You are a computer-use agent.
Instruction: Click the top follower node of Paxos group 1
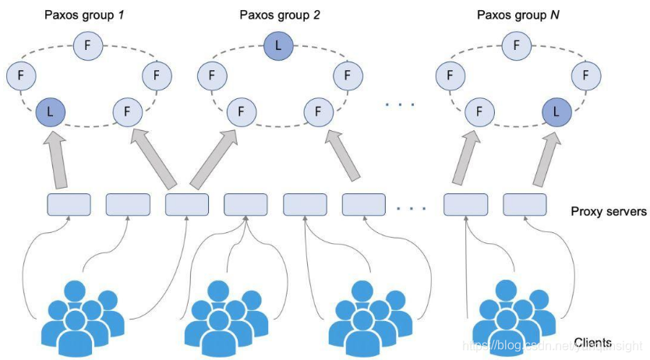(86, 46)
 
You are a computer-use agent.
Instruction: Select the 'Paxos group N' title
(517, 15)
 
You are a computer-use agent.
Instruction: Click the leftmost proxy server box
(69, 204)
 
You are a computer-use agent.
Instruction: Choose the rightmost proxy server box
(524, 204)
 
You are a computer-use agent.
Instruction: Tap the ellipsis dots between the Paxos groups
(401, 104)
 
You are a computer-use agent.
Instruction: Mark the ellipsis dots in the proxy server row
(411, 208)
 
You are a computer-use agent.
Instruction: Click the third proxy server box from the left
(187, 204)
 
